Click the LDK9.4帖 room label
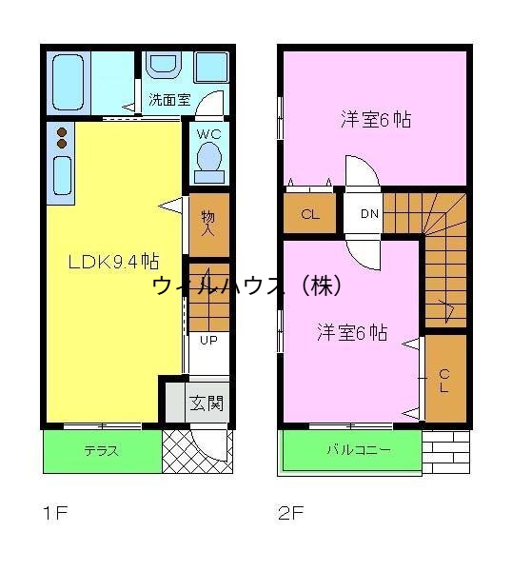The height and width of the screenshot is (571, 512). [x=112, y=262]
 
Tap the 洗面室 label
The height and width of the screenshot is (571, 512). [x=168, y=99]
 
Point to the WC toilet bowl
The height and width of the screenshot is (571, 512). [x=208, y=159]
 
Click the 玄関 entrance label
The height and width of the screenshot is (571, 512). [x=207, y=404]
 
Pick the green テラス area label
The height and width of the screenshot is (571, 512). [x=100, y=451]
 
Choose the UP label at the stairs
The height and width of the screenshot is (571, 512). [x=207, y=340]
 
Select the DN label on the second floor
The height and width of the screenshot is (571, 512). [x=369, y=213]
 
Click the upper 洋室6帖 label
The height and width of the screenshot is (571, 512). [x=375, y=120]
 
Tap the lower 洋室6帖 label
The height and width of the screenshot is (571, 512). [x=351, y=332]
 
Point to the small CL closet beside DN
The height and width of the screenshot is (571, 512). [x=309, y=214]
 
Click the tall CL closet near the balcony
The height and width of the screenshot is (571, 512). [x=443, y=378]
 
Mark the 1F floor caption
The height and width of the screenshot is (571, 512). [x=55, y=515]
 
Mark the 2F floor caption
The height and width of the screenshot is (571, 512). [x=292, y=515]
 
